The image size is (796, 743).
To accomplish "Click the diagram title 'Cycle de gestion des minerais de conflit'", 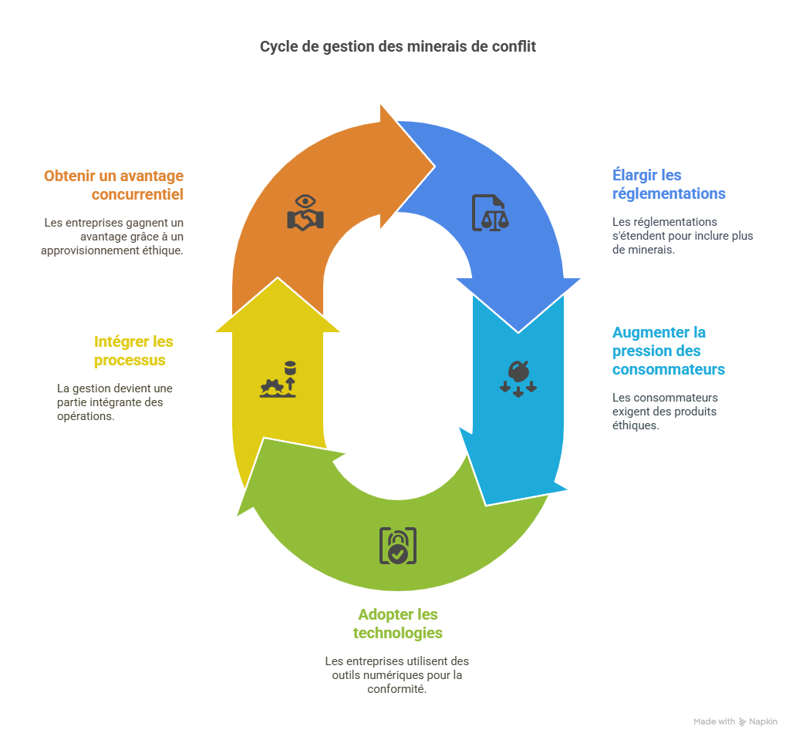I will point(397,47).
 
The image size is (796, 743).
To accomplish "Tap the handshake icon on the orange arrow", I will point(305,213).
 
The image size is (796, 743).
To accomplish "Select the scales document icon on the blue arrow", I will point(491,213).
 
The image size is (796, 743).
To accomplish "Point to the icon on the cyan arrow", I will point(518,377).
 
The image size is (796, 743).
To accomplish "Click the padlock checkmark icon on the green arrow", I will point(397,546).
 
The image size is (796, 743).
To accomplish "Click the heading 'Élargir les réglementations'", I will point(668,184).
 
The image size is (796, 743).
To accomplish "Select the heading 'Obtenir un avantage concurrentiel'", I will point(114,185).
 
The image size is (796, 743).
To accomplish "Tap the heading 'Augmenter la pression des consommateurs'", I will point(668,351).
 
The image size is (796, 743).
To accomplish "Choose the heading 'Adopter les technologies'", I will point(397,624).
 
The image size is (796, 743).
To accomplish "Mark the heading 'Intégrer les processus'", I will point(133,351).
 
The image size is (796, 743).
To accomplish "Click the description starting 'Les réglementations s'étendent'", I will point(682,236).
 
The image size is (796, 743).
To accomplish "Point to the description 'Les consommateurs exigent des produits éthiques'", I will point(665,411).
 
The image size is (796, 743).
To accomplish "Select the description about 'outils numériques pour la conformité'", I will point(397,674).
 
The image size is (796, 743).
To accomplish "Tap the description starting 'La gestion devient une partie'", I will point(114,402).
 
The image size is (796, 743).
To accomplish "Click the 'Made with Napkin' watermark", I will point(735,721).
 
